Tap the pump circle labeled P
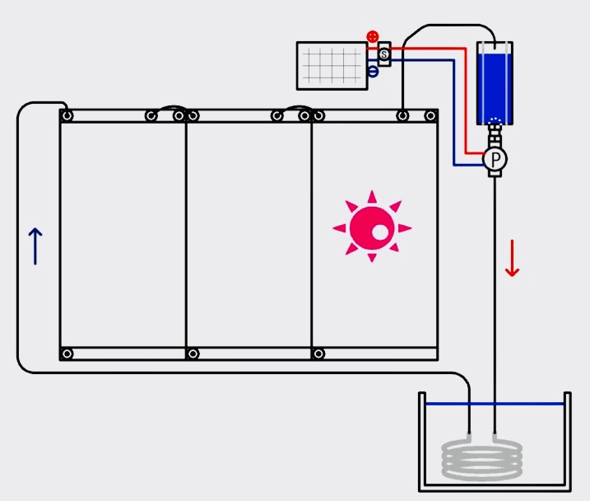494,158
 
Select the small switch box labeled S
383,54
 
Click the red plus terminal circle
373,36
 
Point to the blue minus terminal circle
373,73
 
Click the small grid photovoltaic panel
332,65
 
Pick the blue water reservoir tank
495,82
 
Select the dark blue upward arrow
35,246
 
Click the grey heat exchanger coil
482,460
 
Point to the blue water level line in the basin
494,404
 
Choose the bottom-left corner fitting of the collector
67,354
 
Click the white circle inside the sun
380,233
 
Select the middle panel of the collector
249,235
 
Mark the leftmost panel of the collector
123,235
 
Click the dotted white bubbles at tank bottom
495,122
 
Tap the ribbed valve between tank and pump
495,137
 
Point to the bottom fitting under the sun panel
318,354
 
